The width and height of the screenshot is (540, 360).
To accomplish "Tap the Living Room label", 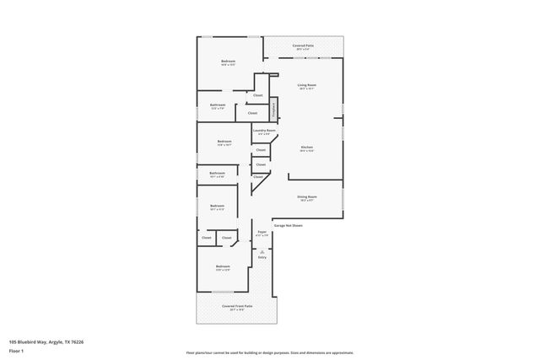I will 306,85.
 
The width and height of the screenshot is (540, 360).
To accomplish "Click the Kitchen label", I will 307,148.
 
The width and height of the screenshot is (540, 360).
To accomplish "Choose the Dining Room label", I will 306,197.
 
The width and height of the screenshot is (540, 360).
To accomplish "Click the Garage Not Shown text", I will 287,226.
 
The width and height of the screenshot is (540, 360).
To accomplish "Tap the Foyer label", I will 262,231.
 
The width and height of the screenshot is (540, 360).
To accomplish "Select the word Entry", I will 262,257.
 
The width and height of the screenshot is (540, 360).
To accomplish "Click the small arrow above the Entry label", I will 262,250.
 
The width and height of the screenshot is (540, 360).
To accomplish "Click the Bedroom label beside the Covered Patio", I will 228,61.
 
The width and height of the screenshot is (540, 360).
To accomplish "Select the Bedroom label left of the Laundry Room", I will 224,141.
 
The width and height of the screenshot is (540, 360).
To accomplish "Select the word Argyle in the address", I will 56,341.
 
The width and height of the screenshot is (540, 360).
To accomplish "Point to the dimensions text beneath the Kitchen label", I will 307,152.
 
